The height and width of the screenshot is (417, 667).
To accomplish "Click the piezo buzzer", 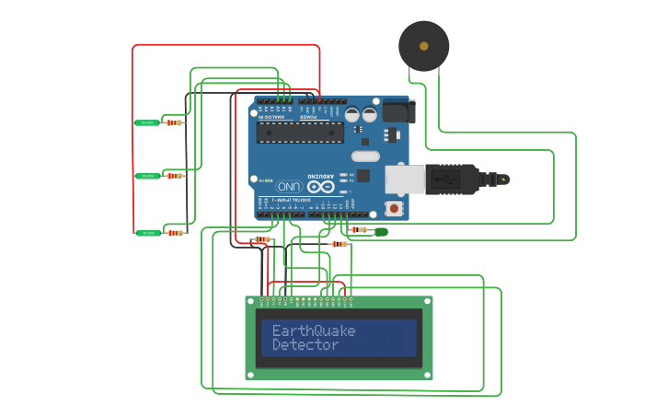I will pyautogui.click(x=424, y=45).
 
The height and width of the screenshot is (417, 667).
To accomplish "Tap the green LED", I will pyautogui.click(x=381, y=232).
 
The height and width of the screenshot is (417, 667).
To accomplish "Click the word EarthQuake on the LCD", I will pyautogui.click(x=313, y=330).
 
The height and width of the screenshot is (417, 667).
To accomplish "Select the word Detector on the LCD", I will pyautogui.click(x=305, y=345).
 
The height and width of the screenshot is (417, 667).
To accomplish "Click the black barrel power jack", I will pyautogui.click(x=398, y=110).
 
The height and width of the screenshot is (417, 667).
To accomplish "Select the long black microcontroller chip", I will pyautogui.click(x=300, y=133).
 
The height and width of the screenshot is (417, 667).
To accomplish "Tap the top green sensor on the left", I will pyautogui.click(x=146, y=122).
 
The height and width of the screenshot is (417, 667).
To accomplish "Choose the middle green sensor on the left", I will pyautogui.click(x=147, y=176).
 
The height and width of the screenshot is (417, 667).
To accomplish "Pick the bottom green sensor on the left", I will pyautogui.click(x=147, y=233).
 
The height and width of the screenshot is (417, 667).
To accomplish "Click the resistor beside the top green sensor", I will pyautogui.click(x=174, y=122).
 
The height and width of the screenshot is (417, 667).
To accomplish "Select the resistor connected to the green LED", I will pyautogui.click(x=358, y=230).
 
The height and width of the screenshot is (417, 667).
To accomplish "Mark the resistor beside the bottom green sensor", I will pyautogui.click(x=175, y=233).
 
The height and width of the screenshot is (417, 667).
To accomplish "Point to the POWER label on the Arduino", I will pyautogui.click(x=309, y=117).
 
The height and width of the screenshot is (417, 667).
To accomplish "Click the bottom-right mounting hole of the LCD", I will pyautogui.click(x=426, y=374).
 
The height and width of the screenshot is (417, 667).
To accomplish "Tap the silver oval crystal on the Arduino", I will pyautogui.click(x=365, y=156).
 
